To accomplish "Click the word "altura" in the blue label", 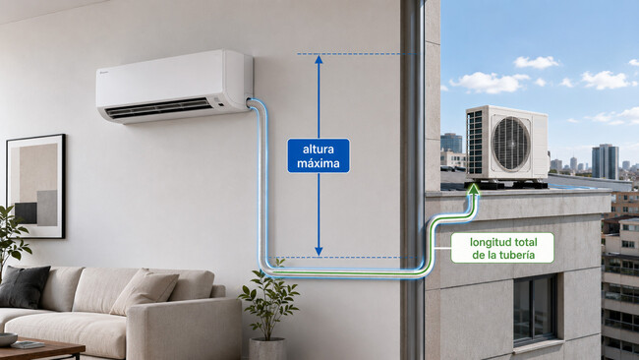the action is pos(319,150).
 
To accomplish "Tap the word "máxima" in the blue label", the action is pos(319,163).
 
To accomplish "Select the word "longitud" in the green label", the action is pos(487,243).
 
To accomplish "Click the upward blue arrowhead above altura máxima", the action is pos(319,59).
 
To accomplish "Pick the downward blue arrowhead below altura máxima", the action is pos(319,251).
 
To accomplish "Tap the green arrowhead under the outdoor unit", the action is pos(474,188).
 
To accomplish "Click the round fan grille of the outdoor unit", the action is pos(510,143).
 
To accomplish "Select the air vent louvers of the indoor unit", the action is pos(158,107).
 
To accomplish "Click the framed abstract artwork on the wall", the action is pos(35,186).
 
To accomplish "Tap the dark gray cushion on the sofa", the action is pos(24,286).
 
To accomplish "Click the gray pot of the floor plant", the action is pos(267,349).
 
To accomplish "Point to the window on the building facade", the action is pos(535,310).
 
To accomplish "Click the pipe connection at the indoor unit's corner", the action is pos(249,101).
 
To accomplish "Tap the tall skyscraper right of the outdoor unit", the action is pos(605,161).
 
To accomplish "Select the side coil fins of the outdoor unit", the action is pos(476,143).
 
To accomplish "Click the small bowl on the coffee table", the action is pos(7,339).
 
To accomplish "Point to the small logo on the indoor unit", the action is pos(103,72).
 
